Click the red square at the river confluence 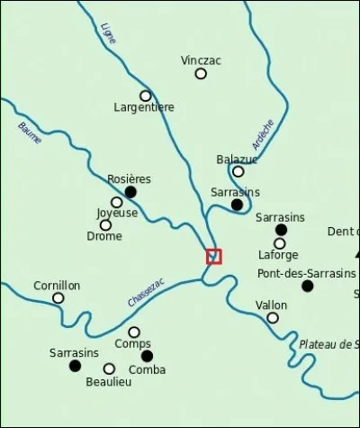tap(213, 257)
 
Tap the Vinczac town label tap(201, 60)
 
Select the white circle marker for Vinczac tap(201, 74)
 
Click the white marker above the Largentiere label tap(145, 96)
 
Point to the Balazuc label tap(237, 159)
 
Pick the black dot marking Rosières tap(130, 192)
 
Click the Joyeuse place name tap(117, 214)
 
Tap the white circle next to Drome tap(105, 224)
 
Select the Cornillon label tap(57, 286)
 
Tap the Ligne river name tap(109, 34)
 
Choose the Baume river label tap(30, 130)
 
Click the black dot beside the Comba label tap(148, 355)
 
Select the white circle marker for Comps tap(134, 332)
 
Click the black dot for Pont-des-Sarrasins tap(308, 286)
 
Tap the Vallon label tap(272, 305)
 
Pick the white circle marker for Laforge tap(280, 243)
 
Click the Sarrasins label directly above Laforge tap(280, 217)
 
